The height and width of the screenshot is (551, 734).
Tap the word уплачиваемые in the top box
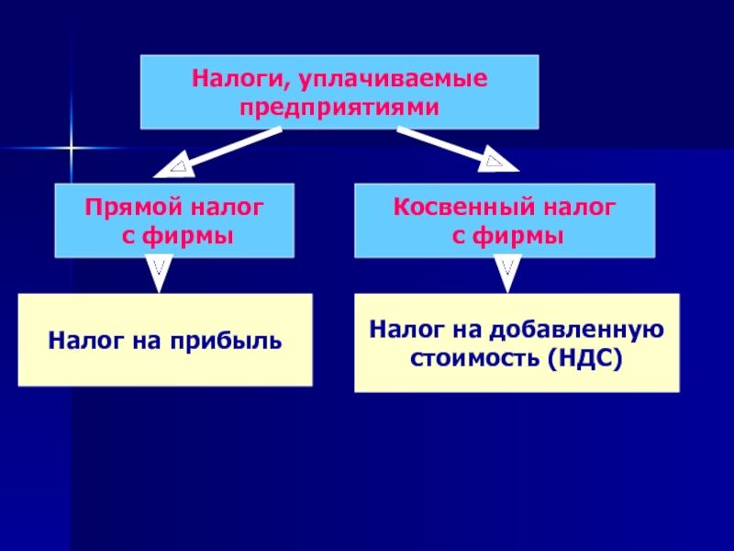tap(385, 79)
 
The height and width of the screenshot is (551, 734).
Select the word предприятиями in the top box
tap(339, 107)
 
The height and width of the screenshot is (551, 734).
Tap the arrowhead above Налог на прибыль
tap(159, 274)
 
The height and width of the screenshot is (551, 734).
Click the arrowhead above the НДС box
tap(506, 274)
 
